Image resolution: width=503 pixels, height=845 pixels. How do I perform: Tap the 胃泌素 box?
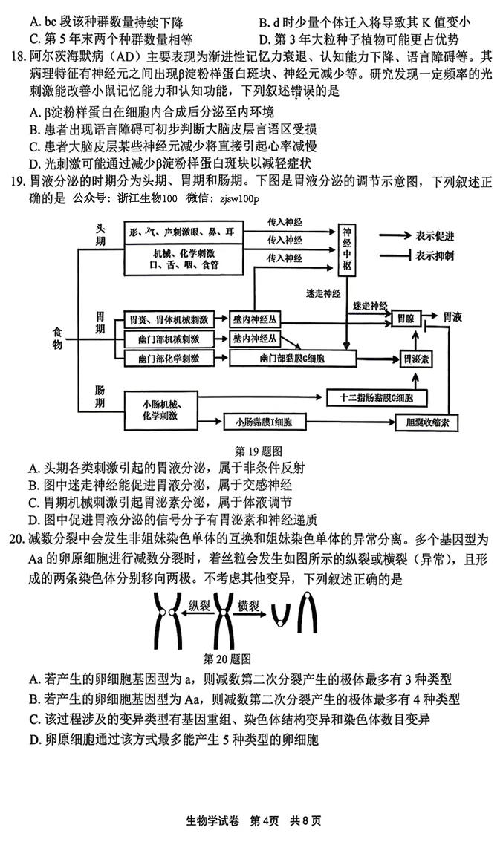pyautogui.click(x=415, y=358)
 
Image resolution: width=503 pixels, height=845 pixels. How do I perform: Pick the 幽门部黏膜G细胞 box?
pyautogui.click(x=287, y=358)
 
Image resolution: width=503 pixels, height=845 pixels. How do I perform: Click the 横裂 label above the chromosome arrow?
pyautogui.click(x=248, y=606)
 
